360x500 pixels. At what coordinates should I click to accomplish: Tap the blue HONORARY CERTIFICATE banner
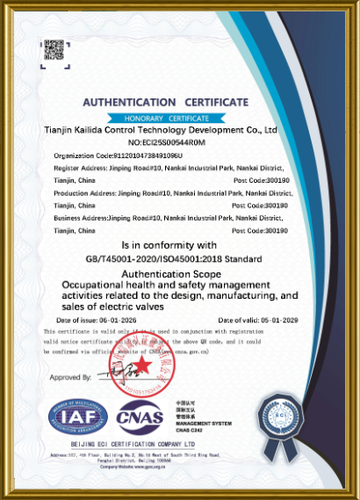point(165,117)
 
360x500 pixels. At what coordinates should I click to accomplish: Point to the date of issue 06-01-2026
point(93,322)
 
